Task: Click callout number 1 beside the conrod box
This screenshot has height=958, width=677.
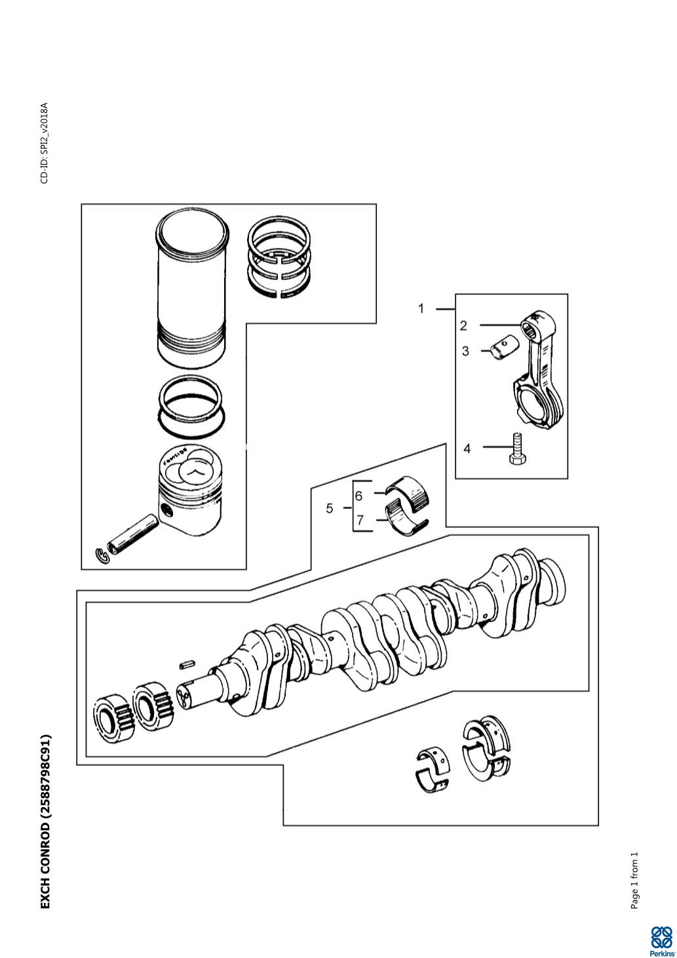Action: coord(421,308)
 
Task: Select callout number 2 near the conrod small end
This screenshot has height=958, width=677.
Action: coord(463,325)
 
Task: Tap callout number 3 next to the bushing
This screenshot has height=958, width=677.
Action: coord(465,351)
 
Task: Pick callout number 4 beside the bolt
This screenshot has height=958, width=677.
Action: coord(467,449)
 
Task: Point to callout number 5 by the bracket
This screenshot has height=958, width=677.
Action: coord(330,508)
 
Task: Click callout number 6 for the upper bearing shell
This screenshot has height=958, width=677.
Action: coord(358,496)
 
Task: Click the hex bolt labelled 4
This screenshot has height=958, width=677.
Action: coord(516,449)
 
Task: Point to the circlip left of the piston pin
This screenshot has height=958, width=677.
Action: coord(103,555)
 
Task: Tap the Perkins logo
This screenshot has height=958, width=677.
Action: coord(661,939)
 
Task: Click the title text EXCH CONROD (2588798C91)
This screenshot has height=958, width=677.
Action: coord(45,820)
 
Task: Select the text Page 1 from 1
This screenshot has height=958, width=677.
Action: coord(634,881)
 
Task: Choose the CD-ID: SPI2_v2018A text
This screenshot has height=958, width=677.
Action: coord(45,143)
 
